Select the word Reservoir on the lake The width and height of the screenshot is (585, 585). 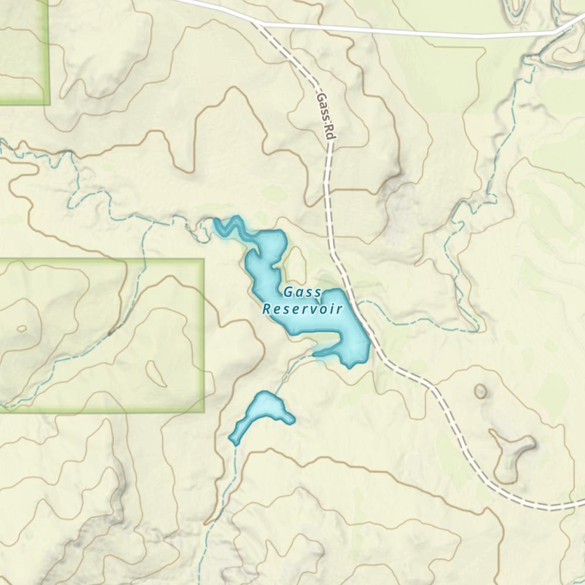(302, 309)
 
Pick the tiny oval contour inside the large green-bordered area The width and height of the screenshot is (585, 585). (22, 328)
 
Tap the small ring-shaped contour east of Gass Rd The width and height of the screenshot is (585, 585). (480, 391)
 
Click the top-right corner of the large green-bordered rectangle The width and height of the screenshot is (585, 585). (203, 260)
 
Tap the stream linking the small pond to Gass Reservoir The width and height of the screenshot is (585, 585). (290, 370)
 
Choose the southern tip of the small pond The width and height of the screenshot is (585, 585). (235, 442)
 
